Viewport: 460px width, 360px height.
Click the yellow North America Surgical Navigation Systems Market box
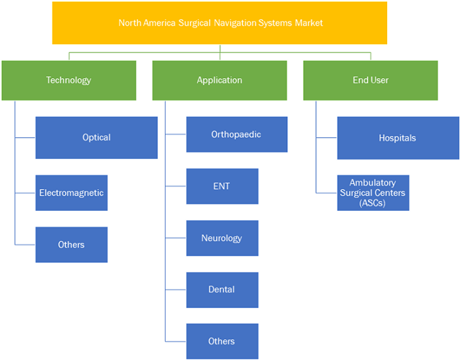tap(219, 23)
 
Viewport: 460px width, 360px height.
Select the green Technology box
tap(69, 80)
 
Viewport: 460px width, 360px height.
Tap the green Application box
tap(219, 80)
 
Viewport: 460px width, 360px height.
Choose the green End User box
tap(371, 80)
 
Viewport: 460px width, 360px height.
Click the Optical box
tap(97, 138)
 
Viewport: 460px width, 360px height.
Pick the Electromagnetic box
tap(72, 193)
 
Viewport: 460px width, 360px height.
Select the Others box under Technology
tap(72, 245)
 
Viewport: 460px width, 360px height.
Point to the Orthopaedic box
tap(237, 135)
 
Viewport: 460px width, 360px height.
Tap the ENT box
tap(222, 186)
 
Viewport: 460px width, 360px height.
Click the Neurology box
tap(222, 238)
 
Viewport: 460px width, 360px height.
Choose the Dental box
tap(222, 290)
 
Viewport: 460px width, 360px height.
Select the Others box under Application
tap(222, 342)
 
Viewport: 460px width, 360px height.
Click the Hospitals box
tap(398, 138)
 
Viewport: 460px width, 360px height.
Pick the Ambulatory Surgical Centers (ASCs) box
tap(373, 193)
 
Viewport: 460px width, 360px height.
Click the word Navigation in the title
tap(235, 23)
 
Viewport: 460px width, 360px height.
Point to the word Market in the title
tap(309, 23)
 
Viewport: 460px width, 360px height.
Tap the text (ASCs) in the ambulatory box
tap(373, 203)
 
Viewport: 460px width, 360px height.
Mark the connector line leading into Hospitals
tap(327, 137)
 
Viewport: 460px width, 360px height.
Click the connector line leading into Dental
tap(175, 290)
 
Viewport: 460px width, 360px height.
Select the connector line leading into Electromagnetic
tap(25, 193)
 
